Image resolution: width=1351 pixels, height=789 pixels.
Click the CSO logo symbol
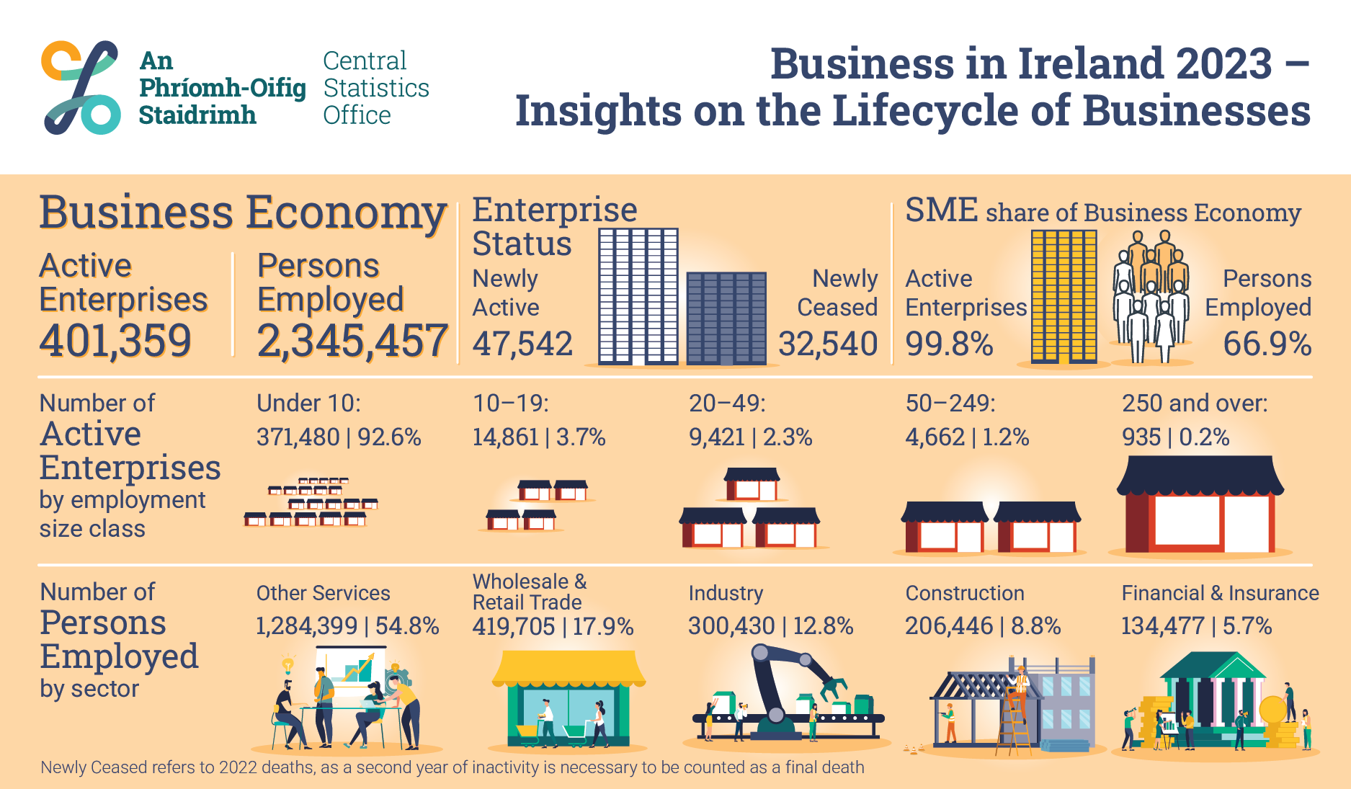81,87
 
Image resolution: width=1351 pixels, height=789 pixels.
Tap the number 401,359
115,341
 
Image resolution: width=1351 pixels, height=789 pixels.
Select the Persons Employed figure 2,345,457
352,341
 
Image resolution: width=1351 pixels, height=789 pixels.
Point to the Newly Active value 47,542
522,344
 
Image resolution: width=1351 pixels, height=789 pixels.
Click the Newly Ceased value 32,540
828,344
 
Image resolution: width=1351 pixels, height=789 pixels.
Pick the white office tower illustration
638,295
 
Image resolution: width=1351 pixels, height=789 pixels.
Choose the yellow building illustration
1064,295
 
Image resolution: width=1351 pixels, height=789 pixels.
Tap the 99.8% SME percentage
949,344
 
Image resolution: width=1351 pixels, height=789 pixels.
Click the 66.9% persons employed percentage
1267,344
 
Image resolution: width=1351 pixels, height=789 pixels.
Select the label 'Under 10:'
308,403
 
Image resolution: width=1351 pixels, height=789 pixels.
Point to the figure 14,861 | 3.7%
539,437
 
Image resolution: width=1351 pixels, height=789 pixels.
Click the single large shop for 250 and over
1200,504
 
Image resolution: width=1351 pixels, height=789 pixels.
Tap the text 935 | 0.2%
1175,437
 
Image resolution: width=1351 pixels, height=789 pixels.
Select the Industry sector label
726,593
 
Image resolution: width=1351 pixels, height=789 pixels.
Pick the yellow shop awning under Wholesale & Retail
568,668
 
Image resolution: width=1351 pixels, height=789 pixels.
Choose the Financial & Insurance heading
1220,593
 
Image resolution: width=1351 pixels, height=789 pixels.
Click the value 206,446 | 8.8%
983,626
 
